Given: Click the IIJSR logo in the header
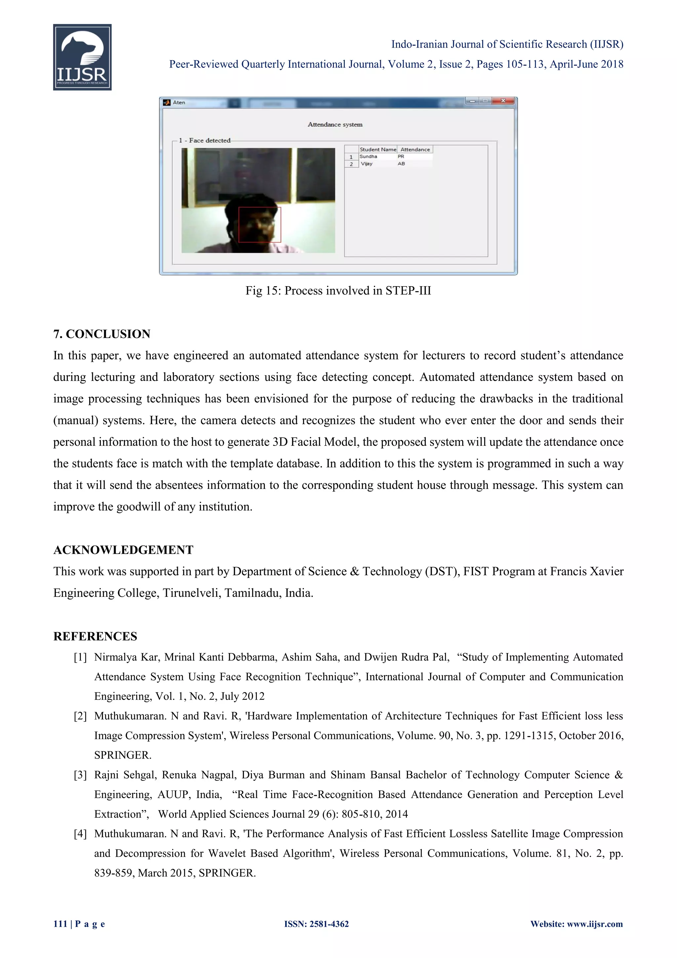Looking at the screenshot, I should point(82,57).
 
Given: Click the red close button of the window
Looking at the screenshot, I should point(503,101).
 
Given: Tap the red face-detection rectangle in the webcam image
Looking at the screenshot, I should point(260,225).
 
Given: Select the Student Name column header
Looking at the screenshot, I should point(378,150).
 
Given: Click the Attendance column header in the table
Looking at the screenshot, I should point(415,150).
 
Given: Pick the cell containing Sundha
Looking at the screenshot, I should point(369,156).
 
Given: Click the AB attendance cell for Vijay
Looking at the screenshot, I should point(401,163).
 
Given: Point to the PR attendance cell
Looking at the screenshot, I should point(401,156).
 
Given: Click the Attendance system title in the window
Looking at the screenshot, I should point(335,124).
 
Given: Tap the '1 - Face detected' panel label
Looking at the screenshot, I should point(205,140).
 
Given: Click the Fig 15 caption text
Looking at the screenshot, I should point(338,291).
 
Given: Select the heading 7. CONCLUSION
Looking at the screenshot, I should point(102,334).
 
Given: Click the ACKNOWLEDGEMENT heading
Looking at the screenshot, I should point(123,550).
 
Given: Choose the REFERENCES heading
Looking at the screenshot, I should point(95,636).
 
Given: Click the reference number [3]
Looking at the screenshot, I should point(80,775).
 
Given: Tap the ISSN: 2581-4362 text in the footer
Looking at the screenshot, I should point(316,924).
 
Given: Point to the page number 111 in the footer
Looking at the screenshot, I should point(60,924).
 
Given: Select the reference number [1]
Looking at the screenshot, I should point(80,658).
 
